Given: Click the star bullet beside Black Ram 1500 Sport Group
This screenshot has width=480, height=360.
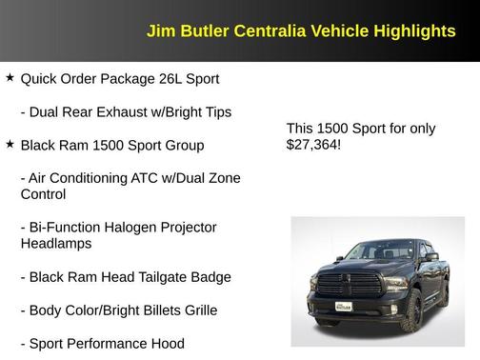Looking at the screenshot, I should coord(10,145).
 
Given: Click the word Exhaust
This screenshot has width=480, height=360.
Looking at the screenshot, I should coord(128,112).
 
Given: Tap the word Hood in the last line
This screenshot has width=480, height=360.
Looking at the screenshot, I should coord(167,343).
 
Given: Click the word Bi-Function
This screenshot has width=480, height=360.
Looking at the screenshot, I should coord(64,228).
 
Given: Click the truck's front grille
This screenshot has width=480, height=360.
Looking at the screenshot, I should coord(342,285).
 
